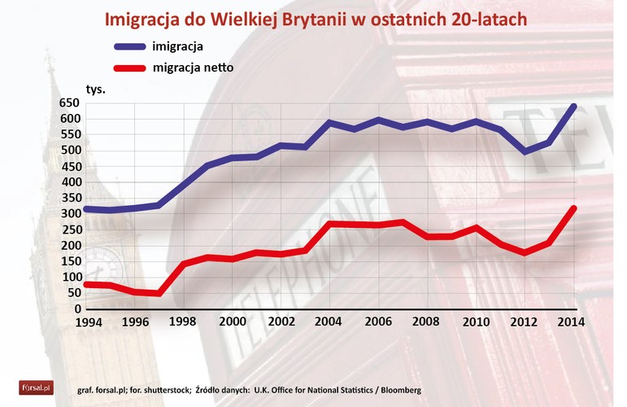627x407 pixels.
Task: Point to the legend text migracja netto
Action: pos(193,68)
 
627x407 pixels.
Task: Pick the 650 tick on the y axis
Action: pos(70,103)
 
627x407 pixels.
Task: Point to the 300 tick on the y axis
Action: pos(70,214)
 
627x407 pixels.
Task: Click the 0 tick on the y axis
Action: pos(78,309)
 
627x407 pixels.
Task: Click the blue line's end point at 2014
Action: pos(574,106)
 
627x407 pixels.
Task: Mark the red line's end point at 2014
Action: pos(574,208)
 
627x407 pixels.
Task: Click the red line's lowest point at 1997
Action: pos(158,293)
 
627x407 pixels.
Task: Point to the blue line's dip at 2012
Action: pos(525,152)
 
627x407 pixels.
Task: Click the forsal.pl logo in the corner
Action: pos(36,388)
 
